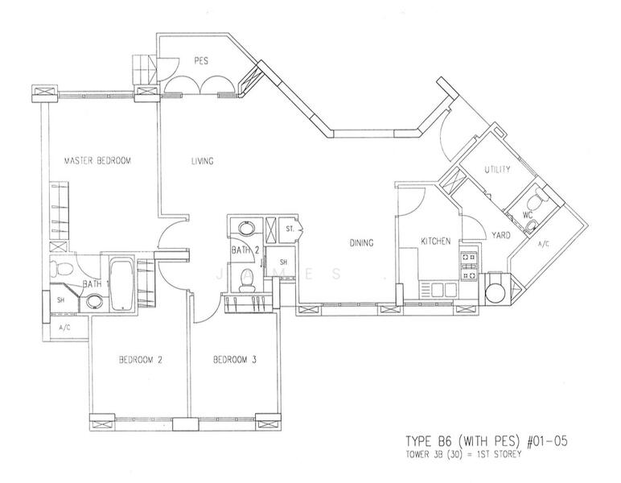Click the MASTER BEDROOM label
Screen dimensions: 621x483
97,161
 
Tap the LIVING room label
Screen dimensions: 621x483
203,161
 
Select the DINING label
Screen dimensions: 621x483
362,242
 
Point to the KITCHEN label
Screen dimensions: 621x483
436,241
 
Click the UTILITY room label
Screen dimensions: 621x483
497,170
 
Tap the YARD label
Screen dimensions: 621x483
501,235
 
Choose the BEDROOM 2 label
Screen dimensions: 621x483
141,360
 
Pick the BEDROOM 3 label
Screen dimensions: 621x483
235,360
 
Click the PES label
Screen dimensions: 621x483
201,61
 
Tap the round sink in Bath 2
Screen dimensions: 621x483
247,228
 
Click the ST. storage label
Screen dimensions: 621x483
290,229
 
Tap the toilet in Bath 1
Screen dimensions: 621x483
61,268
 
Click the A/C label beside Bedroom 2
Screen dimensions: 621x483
64,328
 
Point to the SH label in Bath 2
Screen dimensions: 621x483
283,262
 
